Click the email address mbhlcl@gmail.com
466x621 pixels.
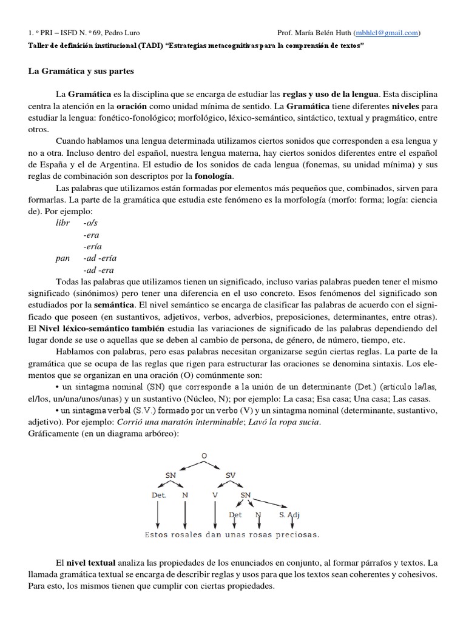(x=385, y=33)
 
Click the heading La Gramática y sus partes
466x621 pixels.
(x=81, y=71)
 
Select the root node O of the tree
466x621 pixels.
(x=204, y=456)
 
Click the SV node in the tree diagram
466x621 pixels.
(x=230, y=475)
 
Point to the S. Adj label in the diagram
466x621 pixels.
(x=289, y=515)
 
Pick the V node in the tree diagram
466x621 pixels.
(x=215, y=494)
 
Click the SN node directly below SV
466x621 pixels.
(x=246, y=494)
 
